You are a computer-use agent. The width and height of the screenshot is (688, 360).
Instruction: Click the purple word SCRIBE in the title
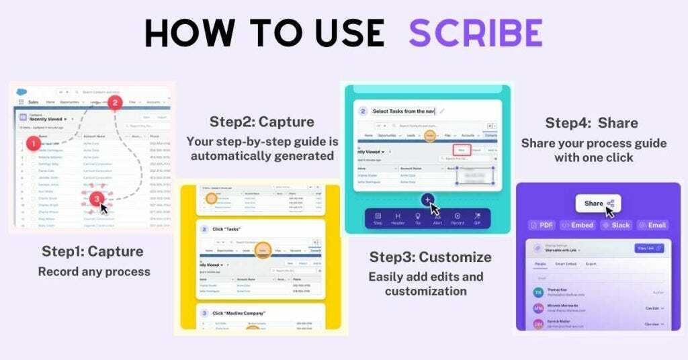[476, 32]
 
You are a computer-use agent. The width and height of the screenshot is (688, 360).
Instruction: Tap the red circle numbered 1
[31, 143]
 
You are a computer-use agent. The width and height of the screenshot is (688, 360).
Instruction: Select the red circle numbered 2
[115, 103]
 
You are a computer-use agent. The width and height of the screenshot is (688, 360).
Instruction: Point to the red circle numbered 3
[97, 198]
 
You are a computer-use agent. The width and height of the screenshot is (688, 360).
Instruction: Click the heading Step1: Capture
[93, 252]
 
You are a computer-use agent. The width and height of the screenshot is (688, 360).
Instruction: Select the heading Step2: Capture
[262, 122]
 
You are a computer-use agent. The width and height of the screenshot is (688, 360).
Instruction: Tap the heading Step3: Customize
[430, 257]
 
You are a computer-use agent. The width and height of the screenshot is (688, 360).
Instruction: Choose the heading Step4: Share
[591, 123]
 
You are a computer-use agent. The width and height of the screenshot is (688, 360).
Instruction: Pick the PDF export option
[542, 225]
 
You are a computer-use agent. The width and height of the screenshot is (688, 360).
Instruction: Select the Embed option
[577, 225]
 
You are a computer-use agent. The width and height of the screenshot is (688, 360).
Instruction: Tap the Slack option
[615, 225]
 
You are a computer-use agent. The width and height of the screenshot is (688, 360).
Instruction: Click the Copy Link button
[648, 249]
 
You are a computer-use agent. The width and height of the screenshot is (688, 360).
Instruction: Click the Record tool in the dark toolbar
[458, 219]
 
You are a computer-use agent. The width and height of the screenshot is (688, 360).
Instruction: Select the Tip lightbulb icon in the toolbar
[417, 219]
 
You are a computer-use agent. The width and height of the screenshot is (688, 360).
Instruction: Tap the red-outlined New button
[462, 150]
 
